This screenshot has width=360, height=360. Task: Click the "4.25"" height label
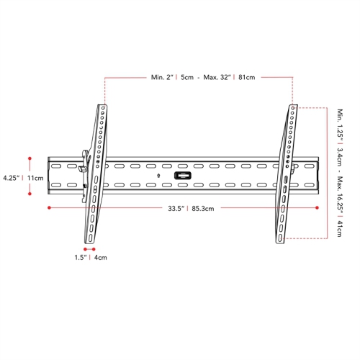pyautogui.click(x=12, y=177)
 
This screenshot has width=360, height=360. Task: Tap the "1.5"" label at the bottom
pyautogui.click(x=80, y=257)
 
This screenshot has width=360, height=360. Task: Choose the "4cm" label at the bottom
pyautogui.click(x=100, y=257)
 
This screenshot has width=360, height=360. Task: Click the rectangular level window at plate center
pyautogui.click(x=183, y=175)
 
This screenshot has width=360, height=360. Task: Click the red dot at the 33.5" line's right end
pyautogui.click(x=318, y=207)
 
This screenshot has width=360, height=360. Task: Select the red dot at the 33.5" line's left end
pyautogui.click(x=48, y=207)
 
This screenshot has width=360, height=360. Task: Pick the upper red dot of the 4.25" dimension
pyautogui.click(x=30, y=157)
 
